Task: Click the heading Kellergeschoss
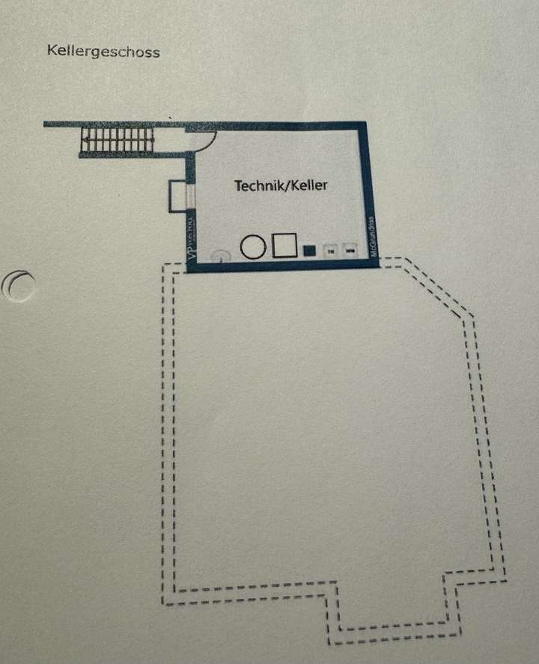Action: [x=103, y=52]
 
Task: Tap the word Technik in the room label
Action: [x=260, y=185]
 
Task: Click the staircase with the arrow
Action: [x=117, y=139]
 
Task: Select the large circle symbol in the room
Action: [x=253, y=246]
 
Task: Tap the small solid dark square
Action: [x=309, y=250]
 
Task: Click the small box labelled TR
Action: [x=330, y=250]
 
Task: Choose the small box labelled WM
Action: [x=350, y=249]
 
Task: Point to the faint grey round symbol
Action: [x=219, y=255]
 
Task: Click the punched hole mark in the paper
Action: [x=19, y=284]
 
